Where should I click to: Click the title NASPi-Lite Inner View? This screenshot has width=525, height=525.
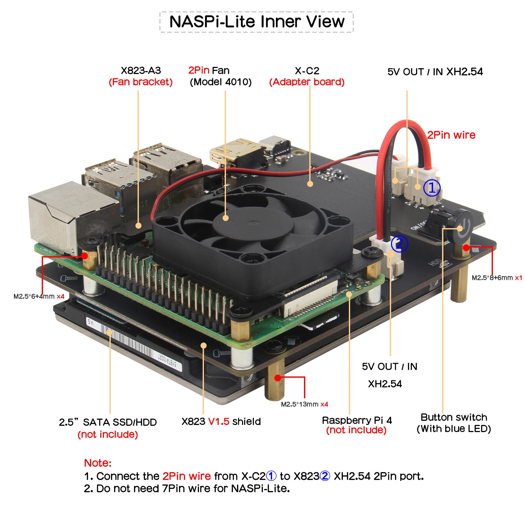pyautogui.click(x=256, y=22)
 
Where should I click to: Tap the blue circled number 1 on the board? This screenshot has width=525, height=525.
pyautogui.click(x=432, y=188)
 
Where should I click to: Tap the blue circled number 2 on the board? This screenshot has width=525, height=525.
pyautogui.click(x=399, y=244)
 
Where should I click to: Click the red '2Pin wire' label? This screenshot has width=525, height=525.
pyautogui.click(x=451, y=135)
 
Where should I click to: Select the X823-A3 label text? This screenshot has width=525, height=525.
pyautogui.click(x=141, y=71)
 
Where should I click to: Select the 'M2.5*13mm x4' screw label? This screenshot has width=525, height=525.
pyautogui.click(x=304, y=404)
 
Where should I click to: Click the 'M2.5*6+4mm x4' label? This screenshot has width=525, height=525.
pyautogui.click(x=39, y=296)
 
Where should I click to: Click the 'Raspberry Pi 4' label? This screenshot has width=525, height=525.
pyautogui.click(x=357, y=420)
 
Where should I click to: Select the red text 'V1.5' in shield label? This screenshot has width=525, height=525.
pyautogui.click(x=218, y=422)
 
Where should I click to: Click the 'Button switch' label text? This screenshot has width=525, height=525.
pyautogui.click(x=454, y=417)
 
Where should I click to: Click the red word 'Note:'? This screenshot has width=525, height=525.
pyautogui.click(x=98, y=463)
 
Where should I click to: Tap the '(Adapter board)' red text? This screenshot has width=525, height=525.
pyautogui.click(x=307, y=82)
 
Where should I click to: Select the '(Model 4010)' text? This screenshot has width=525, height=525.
pyautogui.click(x=221, y=82)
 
